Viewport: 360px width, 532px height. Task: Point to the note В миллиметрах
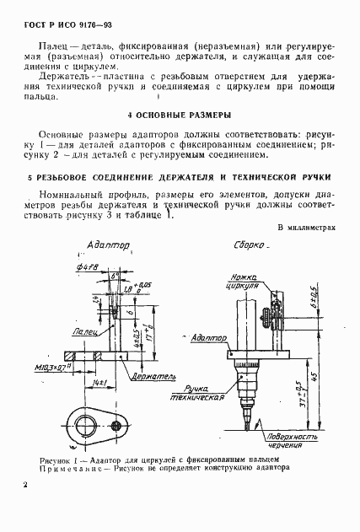coord(306,228)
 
